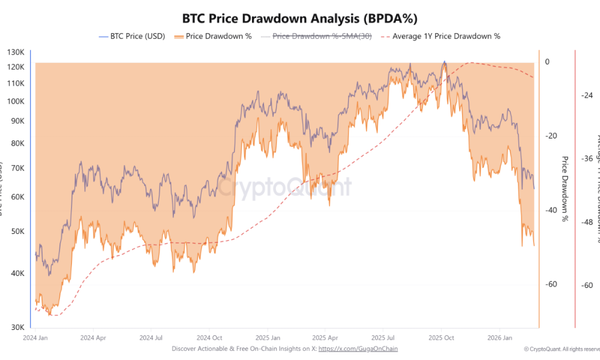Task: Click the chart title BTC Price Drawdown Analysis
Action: point(299,17)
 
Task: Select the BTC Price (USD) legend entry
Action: point(131,36)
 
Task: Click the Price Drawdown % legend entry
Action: point(213,36)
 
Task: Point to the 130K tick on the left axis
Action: point(16,52)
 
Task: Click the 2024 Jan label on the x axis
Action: point(35,338)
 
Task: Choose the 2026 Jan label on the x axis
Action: point(500,338)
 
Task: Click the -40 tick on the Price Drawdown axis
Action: point(550,210)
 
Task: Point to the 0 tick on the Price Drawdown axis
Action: point(547,62)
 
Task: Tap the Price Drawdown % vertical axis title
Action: point(564,189)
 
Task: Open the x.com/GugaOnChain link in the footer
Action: point(358,349)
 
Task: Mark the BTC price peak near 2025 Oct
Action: point(444,61)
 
